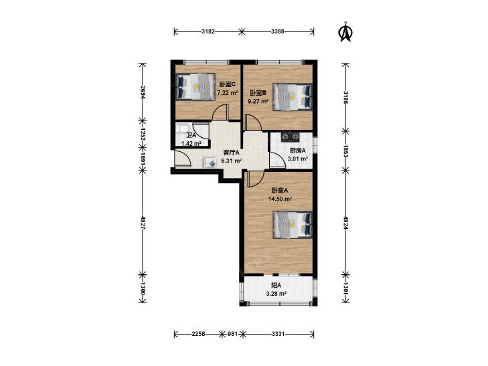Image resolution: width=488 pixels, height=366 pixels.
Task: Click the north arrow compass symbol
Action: click(x=345, y=31)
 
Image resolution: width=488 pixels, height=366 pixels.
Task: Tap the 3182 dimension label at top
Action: click(x=208, y=31)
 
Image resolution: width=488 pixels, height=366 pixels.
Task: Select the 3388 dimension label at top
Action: click(x=278, y=31)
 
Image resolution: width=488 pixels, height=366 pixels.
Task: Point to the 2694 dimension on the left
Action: click(x=143, y=92)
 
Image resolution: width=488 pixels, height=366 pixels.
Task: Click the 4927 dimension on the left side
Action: click(x=143, y=223)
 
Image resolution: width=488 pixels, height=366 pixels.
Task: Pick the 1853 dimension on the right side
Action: click(x=345, y=151)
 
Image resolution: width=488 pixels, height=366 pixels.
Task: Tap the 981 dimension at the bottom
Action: click(x=232, y=334)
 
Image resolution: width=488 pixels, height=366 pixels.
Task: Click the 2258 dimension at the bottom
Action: click(x=198, y=334)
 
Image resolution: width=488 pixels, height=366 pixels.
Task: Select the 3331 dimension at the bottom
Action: click(x=278, y=334)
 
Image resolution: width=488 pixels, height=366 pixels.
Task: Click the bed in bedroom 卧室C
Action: click(x=195, y=87)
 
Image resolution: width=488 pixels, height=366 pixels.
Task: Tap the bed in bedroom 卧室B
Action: click(x=293, y=97)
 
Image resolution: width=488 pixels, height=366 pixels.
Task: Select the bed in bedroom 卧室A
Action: click(x=293, y=225)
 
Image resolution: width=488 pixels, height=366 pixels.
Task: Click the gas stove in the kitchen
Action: click(x=290, y=136)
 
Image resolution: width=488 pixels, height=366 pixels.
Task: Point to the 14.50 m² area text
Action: click(x=280, y=199)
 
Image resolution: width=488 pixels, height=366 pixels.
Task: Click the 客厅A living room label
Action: click(x=232, y=153)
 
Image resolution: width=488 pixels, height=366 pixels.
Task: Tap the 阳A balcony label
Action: click(x=276, y=285)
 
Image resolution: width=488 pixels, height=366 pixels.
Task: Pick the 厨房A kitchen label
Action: click(x=297, y=151)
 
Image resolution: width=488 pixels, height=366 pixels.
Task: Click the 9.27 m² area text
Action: click(x=258, y=101)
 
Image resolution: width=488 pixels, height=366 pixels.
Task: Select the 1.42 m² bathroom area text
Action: click(x=191, y=144)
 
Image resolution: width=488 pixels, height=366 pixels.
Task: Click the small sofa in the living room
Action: click(x=210, y=163)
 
